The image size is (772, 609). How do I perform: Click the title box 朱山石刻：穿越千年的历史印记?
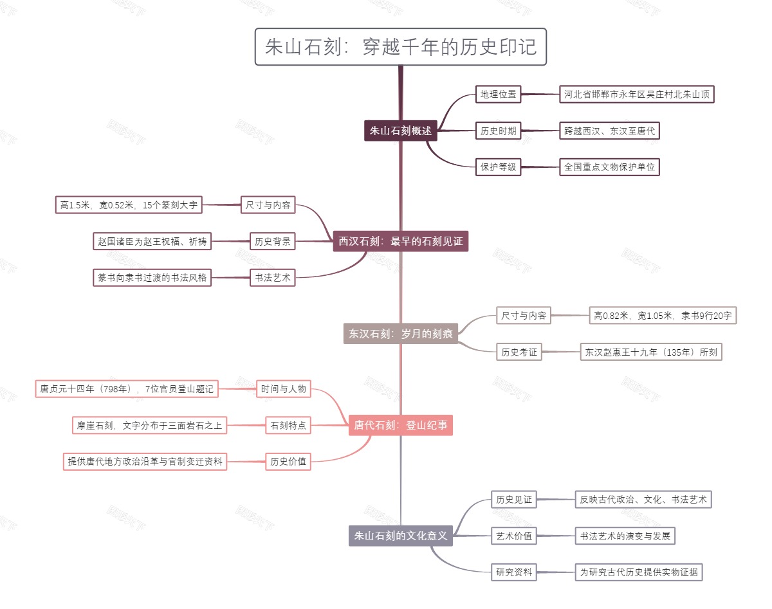pos(400,47)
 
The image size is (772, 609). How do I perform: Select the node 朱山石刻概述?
pos(400,131)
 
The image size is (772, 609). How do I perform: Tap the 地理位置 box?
pos(498,95)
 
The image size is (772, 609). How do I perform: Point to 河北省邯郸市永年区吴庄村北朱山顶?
pos(637,95)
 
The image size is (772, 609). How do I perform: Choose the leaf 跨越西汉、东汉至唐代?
pos(609,131)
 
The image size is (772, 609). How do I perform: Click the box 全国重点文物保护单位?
pos(609,167)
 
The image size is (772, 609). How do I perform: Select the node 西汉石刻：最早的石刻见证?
pos(400,242)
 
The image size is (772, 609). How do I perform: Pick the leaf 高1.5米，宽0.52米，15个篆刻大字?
pos(129,206)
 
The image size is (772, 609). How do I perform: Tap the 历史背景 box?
pos(272,242)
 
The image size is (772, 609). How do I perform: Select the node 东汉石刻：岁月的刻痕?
pos(400,334)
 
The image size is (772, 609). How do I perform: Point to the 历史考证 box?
pos(519,352)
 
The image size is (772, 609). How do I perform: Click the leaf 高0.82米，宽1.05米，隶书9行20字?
pos(663,316)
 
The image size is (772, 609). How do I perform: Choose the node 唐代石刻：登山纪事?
pos(400,425)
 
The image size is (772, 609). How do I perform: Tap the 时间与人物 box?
pos(283,389)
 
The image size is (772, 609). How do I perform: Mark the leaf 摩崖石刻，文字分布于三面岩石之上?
pos(150,425)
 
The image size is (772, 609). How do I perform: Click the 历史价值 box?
pos(288,461)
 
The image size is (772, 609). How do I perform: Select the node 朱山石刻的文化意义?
pos(400,536)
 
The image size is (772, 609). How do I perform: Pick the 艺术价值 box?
pos(514,536)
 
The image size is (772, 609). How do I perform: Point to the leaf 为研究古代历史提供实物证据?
pos(639,572)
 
